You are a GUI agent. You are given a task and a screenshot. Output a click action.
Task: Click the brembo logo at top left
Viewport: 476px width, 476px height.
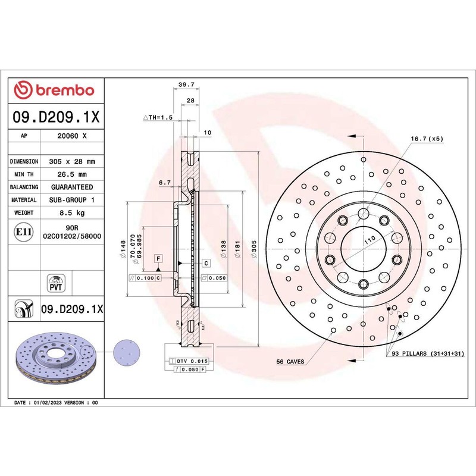point(54,90)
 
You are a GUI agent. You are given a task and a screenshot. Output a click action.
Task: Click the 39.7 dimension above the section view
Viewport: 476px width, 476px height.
point(187,86)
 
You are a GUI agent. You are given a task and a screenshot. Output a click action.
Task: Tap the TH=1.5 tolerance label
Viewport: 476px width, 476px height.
point(158,118)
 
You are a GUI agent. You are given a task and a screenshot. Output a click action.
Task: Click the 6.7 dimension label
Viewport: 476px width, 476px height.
point(165,183)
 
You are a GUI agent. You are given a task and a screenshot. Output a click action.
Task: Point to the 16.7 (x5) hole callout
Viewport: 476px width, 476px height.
point(427,139)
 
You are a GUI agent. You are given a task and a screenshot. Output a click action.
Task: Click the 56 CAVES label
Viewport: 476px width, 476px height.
point(291,362)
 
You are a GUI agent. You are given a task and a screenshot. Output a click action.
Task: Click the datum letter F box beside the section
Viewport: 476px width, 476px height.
point(158,258)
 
